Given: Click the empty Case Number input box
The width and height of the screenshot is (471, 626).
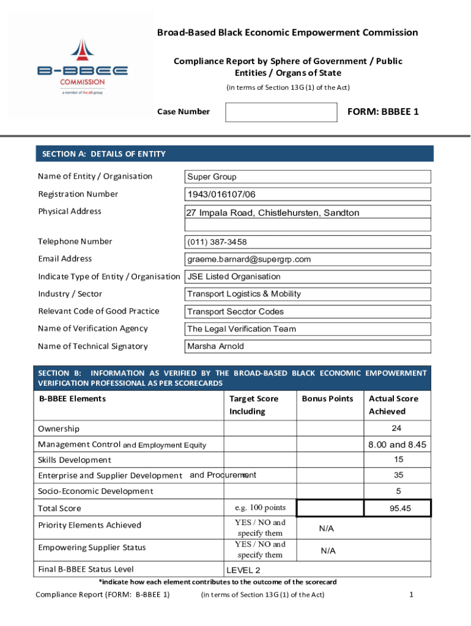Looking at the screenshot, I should (281, 112).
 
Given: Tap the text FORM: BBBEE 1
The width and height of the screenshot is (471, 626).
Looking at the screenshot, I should (383, 111).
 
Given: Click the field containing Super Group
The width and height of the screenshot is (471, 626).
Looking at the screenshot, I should (308, 177).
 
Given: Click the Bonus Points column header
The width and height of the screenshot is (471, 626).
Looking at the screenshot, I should (327, 399).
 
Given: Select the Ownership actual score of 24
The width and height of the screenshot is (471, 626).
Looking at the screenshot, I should (396, 428).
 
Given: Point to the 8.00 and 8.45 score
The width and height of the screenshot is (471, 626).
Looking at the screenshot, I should (396, 444).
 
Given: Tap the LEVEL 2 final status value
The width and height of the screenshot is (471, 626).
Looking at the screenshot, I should (243, 570).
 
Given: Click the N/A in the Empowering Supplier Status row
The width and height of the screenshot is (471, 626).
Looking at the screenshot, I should (328, 550).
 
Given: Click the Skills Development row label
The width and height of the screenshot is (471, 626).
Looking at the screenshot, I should (75, 460).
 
